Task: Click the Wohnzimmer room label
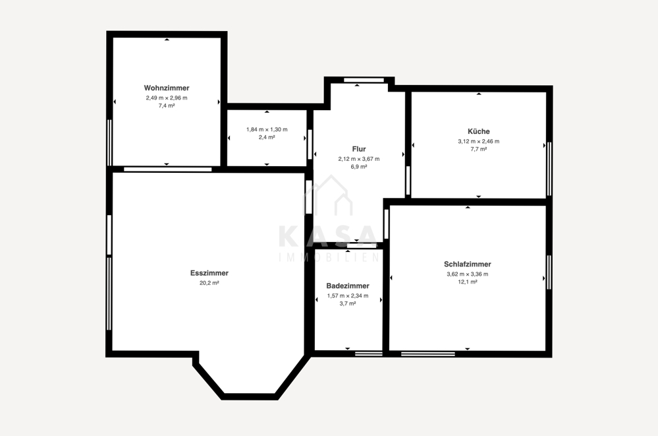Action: pyautogui.click(x=167, y=88)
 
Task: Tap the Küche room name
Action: pyautogui.click(x=479, y=131)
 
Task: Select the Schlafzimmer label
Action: pyautogui.click(x=468, y=264)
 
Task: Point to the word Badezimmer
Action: pyautogui.click(x=348, y=286)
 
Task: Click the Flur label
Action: pyautogui.click(x=359, y=149)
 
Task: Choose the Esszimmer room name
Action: pyautogui.click(x=209, y=273)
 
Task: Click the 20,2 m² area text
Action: pyautogui.click(x=209, y=283)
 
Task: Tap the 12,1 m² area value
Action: pyautogui.click(x=468, y=282)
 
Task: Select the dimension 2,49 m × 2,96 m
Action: pyautogui.click(x=167, y=98)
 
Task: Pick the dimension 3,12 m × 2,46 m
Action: pyautogui.click(x=479, y=141)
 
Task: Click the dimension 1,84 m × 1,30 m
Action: pyautogui.click(x=267, y=129)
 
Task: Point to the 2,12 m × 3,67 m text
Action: pyautogui.click(x=359, y=159)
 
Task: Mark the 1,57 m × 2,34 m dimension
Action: pyautogui.click(x=348, y=296)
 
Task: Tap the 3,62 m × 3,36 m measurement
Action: pyautogui.click(x=468, y=274)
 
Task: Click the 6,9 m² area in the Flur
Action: pyautogui.click(x=359, y=167)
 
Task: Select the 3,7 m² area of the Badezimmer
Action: pyautogui.click(x=348, y=303)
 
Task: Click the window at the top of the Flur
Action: pyautogui.click(x=364, y=80)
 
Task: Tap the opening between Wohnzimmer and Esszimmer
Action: pyautogui.click(x=168, y=170)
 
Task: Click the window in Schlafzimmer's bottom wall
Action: pyautogui.click(x=428, y=354)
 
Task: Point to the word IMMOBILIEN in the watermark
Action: pyautogui.click(x=329, y=257)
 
